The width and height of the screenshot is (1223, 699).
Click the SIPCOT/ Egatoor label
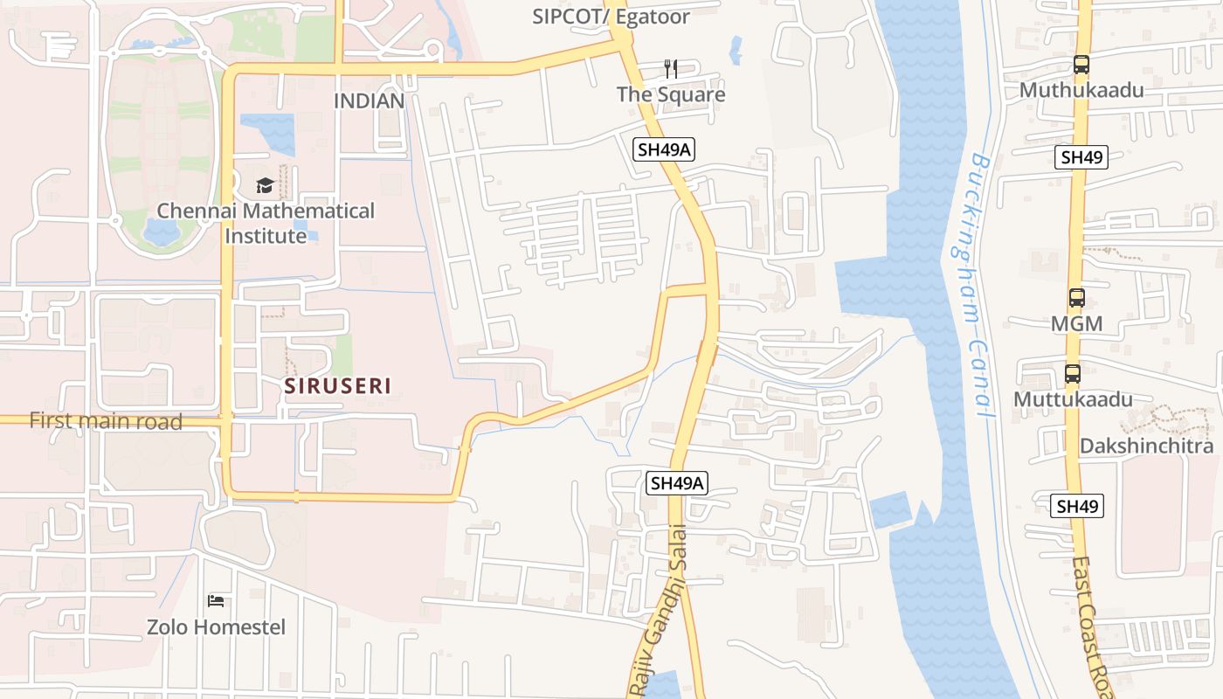click(x=611, y=17)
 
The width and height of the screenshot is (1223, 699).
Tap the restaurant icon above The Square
click(x=671, y=69)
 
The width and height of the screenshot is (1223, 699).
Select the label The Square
click(x=671, y=94)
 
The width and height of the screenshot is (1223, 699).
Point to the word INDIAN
click(x=369, y=100)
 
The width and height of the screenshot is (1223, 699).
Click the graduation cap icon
click(x=265, y=185)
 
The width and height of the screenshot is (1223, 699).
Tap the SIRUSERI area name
click(x=337, y=385)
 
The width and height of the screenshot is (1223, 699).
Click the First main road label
click(x=106, y=421)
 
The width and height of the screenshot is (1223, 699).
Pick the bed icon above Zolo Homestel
click(x=216, y=600)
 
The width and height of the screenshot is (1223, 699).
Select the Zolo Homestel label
click(x=216, y=626)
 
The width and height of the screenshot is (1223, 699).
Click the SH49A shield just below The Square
click(x=664, y=149)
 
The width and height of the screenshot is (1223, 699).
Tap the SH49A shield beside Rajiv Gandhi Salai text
click(x=677, y=482)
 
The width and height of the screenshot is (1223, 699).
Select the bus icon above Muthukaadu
click(x=1081, y=65)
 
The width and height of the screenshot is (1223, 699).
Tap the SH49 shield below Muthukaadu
click(x=1081, y=157)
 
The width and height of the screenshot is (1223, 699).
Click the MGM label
click(x=1076, y=324)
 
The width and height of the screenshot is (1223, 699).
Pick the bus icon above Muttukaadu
click(x=1072, y=374)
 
